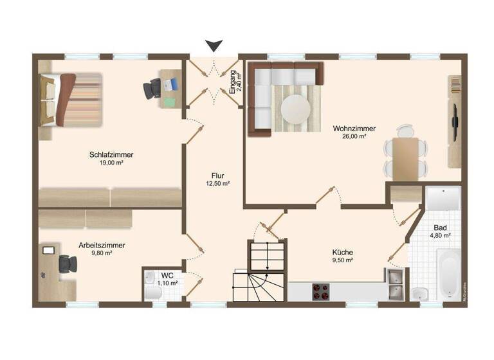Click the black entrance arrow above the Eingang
pos(214,45)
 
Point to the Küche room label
pos(342,252)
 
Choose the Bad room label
pos(440,228)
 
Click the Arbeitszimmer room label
pos(102,245)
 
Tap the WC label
pos(167,275)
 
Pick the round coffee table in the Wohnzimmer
pos(297,107)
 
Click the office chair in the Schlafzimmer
pos(152,88)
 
